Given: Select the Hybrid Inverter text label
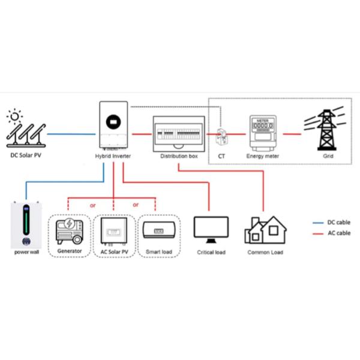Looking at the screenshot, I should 113,156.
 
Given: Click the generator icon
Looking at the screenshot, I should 70,230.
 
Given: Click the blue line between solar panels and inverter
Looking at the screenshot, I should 70,134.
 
